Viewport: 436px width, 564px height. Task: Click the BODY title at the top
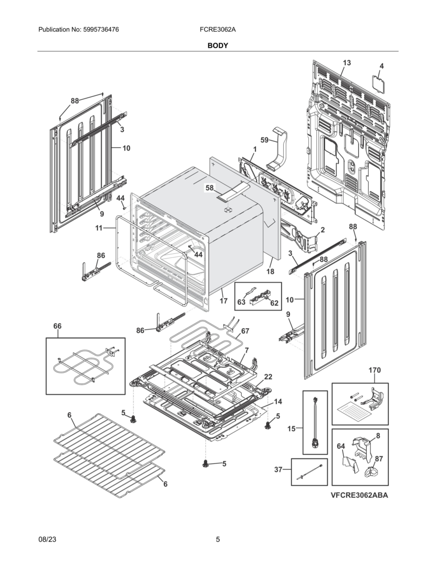pos(217,46)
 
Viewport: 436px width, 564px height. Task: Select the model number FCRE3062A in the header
pos(217,30)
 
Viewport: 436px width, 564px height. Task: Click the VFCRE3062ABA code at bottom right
pos(359,495)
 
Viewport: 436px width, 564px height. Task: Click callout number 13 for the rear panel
pos(347,63)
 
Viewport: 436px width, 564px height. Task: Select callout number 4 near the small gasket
pos(381,66)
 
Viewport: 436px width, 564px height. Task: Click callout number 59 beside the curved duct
pos(265,139)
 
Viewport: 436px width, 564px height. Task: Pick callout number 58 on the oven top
pos(209,188)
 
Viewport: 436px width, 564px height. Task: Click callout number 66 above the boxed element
pos(57,326)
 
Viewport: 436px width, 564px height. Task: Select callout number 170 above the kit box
pos(374,370)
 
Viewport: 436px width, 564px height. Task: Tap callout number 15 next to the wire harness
pos(291,429)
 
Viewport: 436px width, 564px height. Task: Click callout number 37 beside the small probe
pos(279,469)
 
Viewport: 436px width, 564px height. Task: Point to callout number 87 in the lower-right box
pos(379,458)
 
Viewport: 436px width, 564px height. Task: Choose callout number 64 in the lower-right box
pos(341,447)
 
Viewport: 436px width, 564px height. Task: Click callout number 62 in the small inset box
pos(274,303)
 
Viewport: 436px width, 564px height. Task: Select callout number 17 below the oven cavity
pos(224,301)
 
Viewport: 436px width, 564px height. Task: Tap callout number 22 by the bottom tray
pos(268,377)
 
